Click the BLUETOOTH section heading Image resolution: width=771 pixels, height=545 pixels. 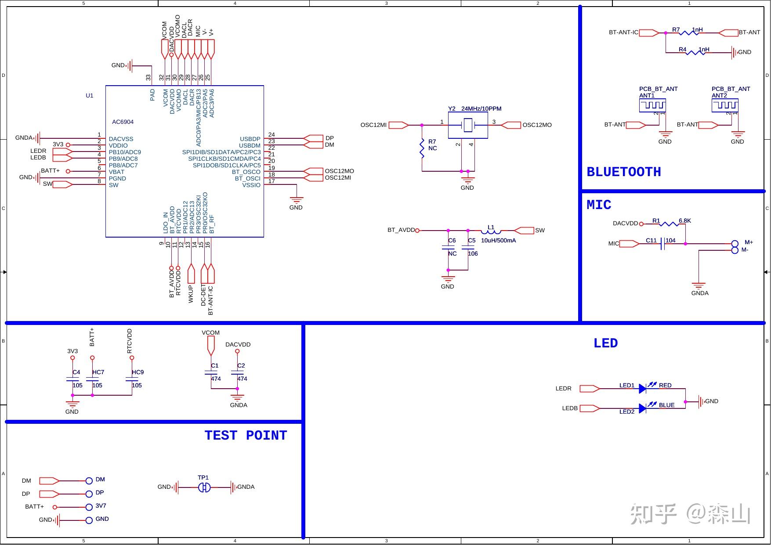[x=624, y=172]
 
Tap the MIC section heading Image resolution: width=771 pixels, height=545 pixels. [x=599, y=205]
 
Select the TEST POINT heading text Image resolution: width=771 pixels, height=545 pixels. [x=246, y=435]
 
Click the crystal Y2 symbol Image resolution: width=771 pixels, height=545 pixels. [x=468, y=125]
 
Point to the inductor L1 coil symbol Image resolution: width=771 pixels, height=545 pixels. [x=491, y=231]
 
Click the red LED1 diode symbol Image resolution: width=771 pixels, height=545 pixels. [x=643, y=388]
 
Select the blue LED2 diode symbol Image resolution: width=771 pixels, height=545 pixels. [x=643, y=408]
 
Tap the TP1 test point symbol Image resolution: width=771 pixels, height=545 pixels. [x=204, y=487]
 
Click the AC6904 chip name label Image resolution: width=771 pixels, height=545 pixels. [x=123, y=122]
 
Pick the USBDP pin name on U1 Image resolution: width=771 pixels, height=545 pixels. [x=250, y=139]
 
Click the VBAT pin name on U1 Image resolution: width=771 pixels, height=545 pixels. [x=116, y=172]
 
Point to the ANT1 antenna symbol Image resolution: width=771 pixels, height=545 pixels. [x=652, y=105]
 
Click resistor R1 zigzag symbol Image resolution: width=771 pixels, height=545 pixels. [x=669, y=224]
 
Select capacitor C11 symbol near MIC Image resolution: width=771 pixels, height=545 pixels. [x=663, y=244]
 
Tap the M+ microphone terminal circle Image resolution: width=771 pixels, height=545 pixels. [x=735, y=244]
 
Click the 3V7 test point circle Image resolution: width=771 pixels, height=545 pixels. [x=89, y=507]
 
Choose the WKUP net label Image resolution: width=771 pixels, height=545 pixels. [x=191, y=294]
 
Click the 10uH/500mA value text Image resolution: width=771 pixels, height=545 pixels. [x=498, y=240]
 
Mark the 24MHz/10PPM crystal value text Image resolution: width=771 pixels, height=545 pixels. [x=481, y=108]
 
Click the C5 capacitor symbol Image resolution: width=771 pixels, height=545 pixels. [x=468, y=247]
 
